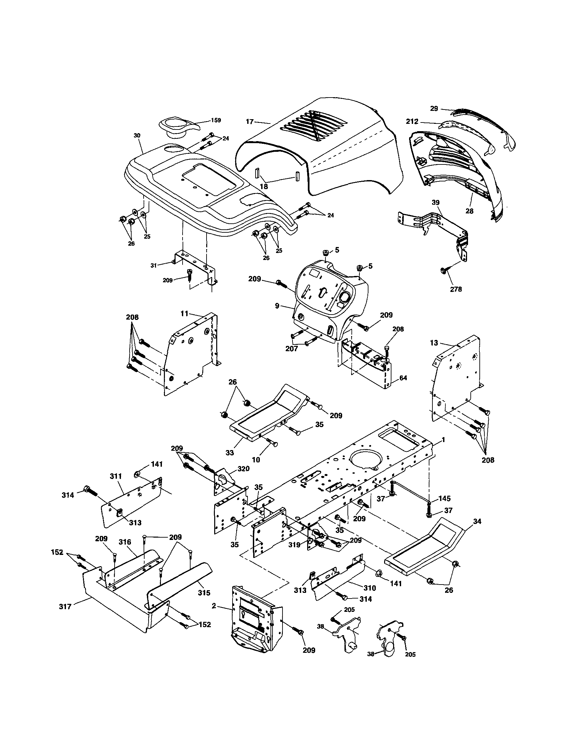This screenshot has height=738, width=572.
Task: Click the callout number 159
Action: (x=216, y=120)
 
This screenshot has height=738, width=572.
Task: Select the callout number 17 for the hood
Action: (x=249, y=122)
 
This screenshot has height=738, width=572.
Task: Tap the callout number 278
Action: (x=456, y=289)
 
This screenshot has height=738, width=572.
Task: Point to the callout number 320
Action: (x=243, y=469)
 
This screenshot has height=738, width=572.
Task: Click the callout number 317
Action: (x=65, y=607)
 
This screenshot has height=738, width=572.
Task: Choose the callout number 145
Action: (x=445, y=498)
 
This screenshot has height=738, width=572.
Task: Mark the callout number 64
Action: (x=403, y=378)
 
